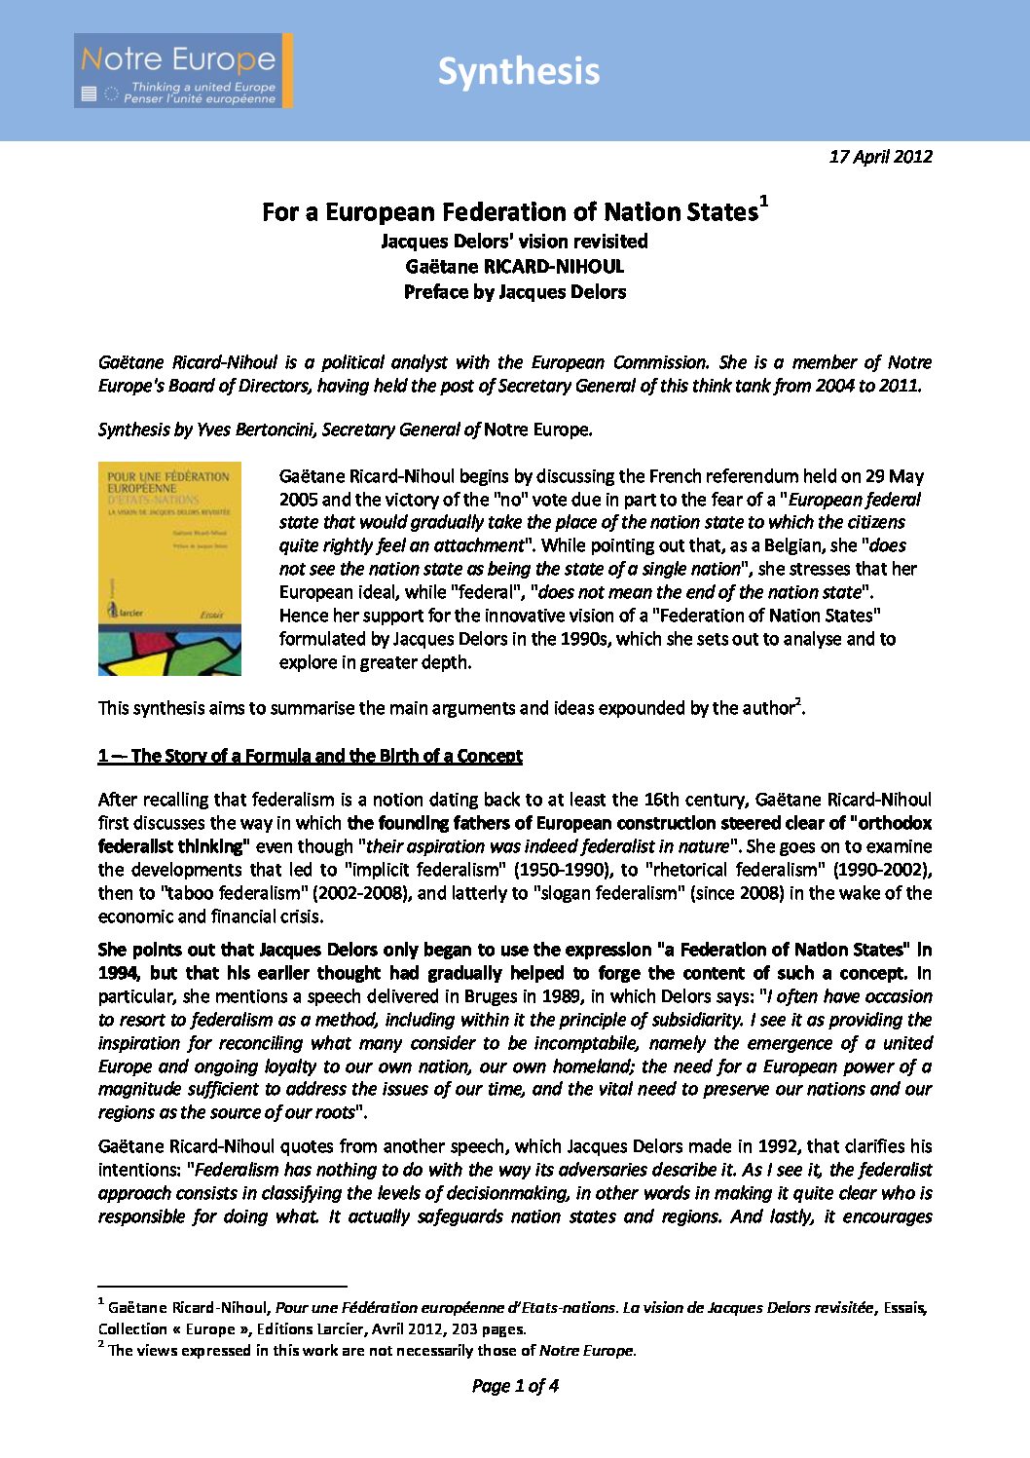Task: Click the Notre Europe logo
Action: (x=182, y=70)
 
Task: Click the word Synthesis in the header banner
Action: (x=518, y=71)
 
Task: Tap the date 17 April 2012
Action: (x=880, y=156)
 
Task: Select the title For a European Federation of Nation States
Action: (x=509, y=212)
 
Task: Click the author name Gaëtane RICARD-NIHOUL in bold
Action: (x=514, y=266)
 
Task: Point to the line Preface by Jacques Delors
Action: (x=514, y=291)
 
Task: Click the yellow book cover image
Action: (x=169, y=568)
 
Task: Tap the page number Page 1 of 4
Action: (x=514, y=1385)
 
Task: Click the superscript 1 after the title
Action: (x=764, y=201)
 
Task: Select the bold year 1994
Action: (x=118, y=973)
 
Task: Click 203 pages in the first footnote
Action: (x=488, y=1328)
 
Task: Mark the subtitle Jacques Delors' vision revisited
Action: (x=514, y=241)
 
